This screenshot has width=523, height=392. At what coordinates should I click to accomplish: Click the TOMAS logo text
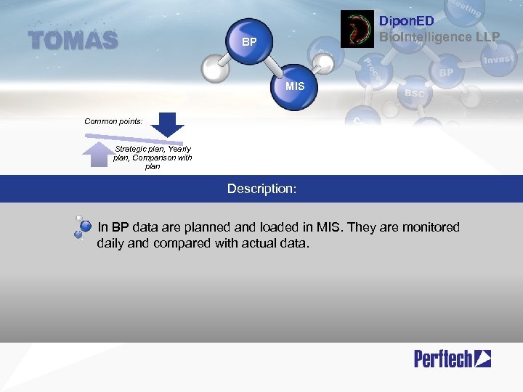(73, 41)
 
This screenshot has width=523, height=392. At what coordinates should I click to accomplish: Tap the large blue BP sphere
(249, 41)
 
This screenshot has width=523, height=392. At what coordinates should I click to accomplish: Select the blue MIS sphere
(295, 87)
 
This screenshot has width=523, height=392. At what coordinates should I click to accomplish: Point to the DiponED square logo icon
(357, 30)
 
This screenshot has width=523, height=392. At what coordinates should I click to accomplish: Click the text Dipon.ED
(407, 22)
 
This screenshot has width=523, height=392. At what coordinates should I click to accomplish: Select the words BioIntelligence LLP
(439, 36)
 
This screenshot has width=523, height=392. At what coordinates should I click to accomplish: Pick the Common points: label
(113, 121)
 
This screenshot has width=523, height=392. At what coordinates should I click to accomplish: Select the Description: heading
(261, 189)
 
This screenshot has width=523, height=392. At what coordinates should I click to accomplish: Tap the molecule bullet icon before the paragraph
(82, 227)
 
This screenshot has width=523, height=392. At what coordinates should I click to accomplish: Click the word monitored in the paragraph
(429, 227)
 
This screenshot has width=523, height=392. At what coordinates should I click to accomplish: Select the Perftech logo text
(443, 358)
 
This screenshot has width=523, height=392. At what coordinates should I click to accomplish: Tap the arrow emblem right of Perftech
(482, 358)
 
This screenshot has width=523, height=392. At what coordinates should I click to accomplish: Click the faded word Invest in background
(498, 60)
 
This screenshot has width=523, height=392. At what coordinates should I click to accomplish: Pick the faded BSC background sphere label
(414, 94)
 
